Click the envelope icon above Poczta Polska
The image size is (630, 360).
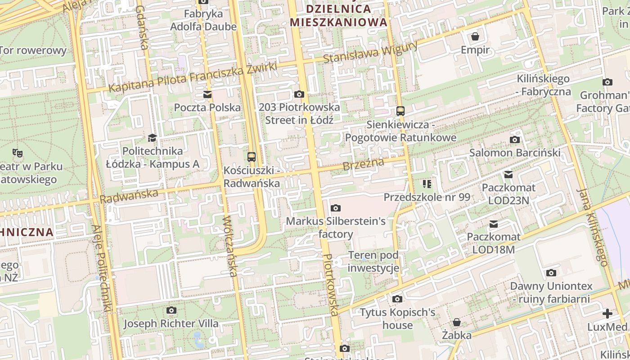click(x=207, y=94)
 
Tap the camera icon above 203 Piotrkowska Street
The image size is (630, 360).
click(x=299, y=94)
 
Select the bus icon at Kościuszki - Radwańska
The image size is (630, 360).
click(x=252, y=157)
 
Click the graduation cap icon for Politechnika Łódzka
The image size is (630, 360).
click(x=152, y=138)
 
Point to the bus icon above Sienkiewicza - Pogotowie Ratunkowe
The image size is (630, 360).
click(x=400, y=111)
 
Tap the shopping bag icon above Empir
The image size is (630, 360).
click(x=475, y=36)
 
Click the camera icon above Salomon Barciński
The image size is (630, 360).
click(x=514, y=139)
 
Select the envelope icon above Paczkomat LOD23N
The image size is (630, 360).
click(x=508, y=174)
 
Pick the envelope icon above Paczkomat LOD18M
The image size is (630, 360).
click(x=494, y=224)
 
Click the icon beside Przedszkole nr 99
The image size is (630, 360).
click(x=427, y=184)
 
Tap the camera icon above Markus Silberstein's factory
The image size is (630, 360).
click(x=335, y=208)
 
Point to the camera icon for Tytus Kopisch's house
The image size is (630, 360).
click(x=397, y=299)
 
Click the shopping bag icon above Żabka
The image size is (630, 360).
click(x=456, y=322)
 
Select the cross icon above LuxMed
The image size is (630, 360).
click(x=607, y=314)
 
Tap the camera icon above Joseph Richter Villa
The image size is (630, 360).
click(x=171, y=310)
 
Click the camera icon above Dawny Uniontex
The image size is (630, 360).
click(x=551, y=273)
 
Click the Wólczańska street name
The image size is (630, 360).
click(x=230, y=246)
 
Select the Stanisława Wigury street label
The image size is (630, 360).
click(x=370, y=52)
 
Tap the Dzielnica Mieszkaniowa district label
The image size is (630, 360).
click(x=338, y=15)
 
